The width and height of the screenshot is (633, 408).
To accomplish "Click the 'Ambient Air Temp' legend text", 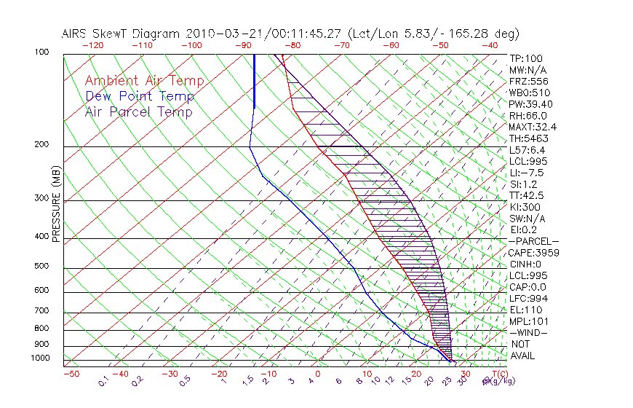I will (x=144, y=82).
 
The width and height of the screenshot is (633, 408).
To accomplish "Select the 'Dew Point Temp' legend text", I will (x=140, y=97).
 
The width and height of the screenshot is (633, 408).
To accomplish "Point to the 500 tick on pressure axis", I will (x=41, y=267).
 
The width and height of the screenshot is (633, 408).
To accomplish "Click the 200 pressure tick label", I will (x=41, y=145).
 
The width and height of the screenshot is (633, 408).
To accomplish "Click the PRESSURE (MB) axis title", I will (x=56, y=205).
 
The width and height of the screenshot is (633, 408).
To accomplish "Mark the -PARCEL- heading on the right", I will (x=533, y=241).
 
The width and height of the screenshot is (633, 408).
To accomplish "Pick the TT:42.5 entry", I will (x=527, y=195).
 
